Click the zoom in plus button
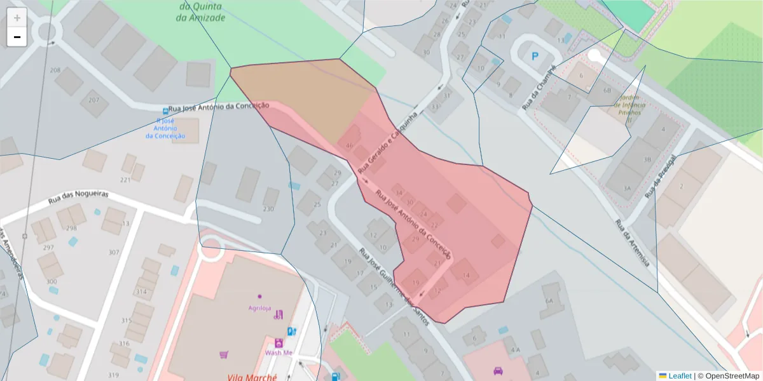click(17, 17)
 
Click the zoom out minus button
click(17, 37)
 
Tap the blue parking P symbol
click(535, 57)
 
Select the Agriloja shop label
click(259, 308)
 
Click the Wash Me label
click(278, 352)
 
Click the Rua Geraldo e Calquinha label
click(388, 143)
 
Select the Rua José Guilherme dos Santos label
click(394, 286)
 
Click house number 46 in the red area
click(348, 145)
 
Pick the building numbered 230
click(268, 209)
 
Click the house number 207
click(94, 100)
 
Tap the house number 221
click(125, 180)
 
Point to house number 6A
click(549, 302)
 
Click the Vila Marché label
click(252, 377)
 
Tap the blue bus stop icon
click(165, 110)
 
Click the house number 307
click(114, 252)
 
